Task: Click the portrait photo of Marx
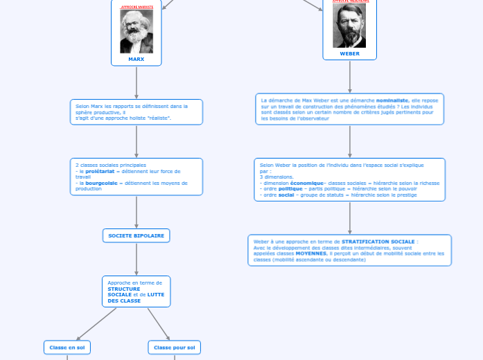tap(137, 32)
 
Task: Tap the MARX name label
tap(137, 59)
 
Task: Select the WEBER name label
tap(350, 53)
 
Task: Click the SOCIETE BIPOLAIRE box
tap(137, 235)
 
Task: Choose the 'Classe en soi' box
tap(67, 347)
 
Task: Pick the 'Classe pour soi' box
tap(174, 347)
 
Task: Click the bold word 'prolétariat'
tap(100, 171)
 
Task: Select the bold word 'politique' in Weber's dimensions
tap(290, 189)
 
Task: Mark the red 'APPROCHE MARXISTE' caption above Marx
tap(137, 6)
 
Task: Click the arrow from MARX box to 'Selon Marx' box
tap(137, 82)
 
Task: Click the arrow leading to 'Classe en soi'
tap(97, 323)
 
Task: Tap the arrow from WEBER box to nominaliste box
tap(350, 76)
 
